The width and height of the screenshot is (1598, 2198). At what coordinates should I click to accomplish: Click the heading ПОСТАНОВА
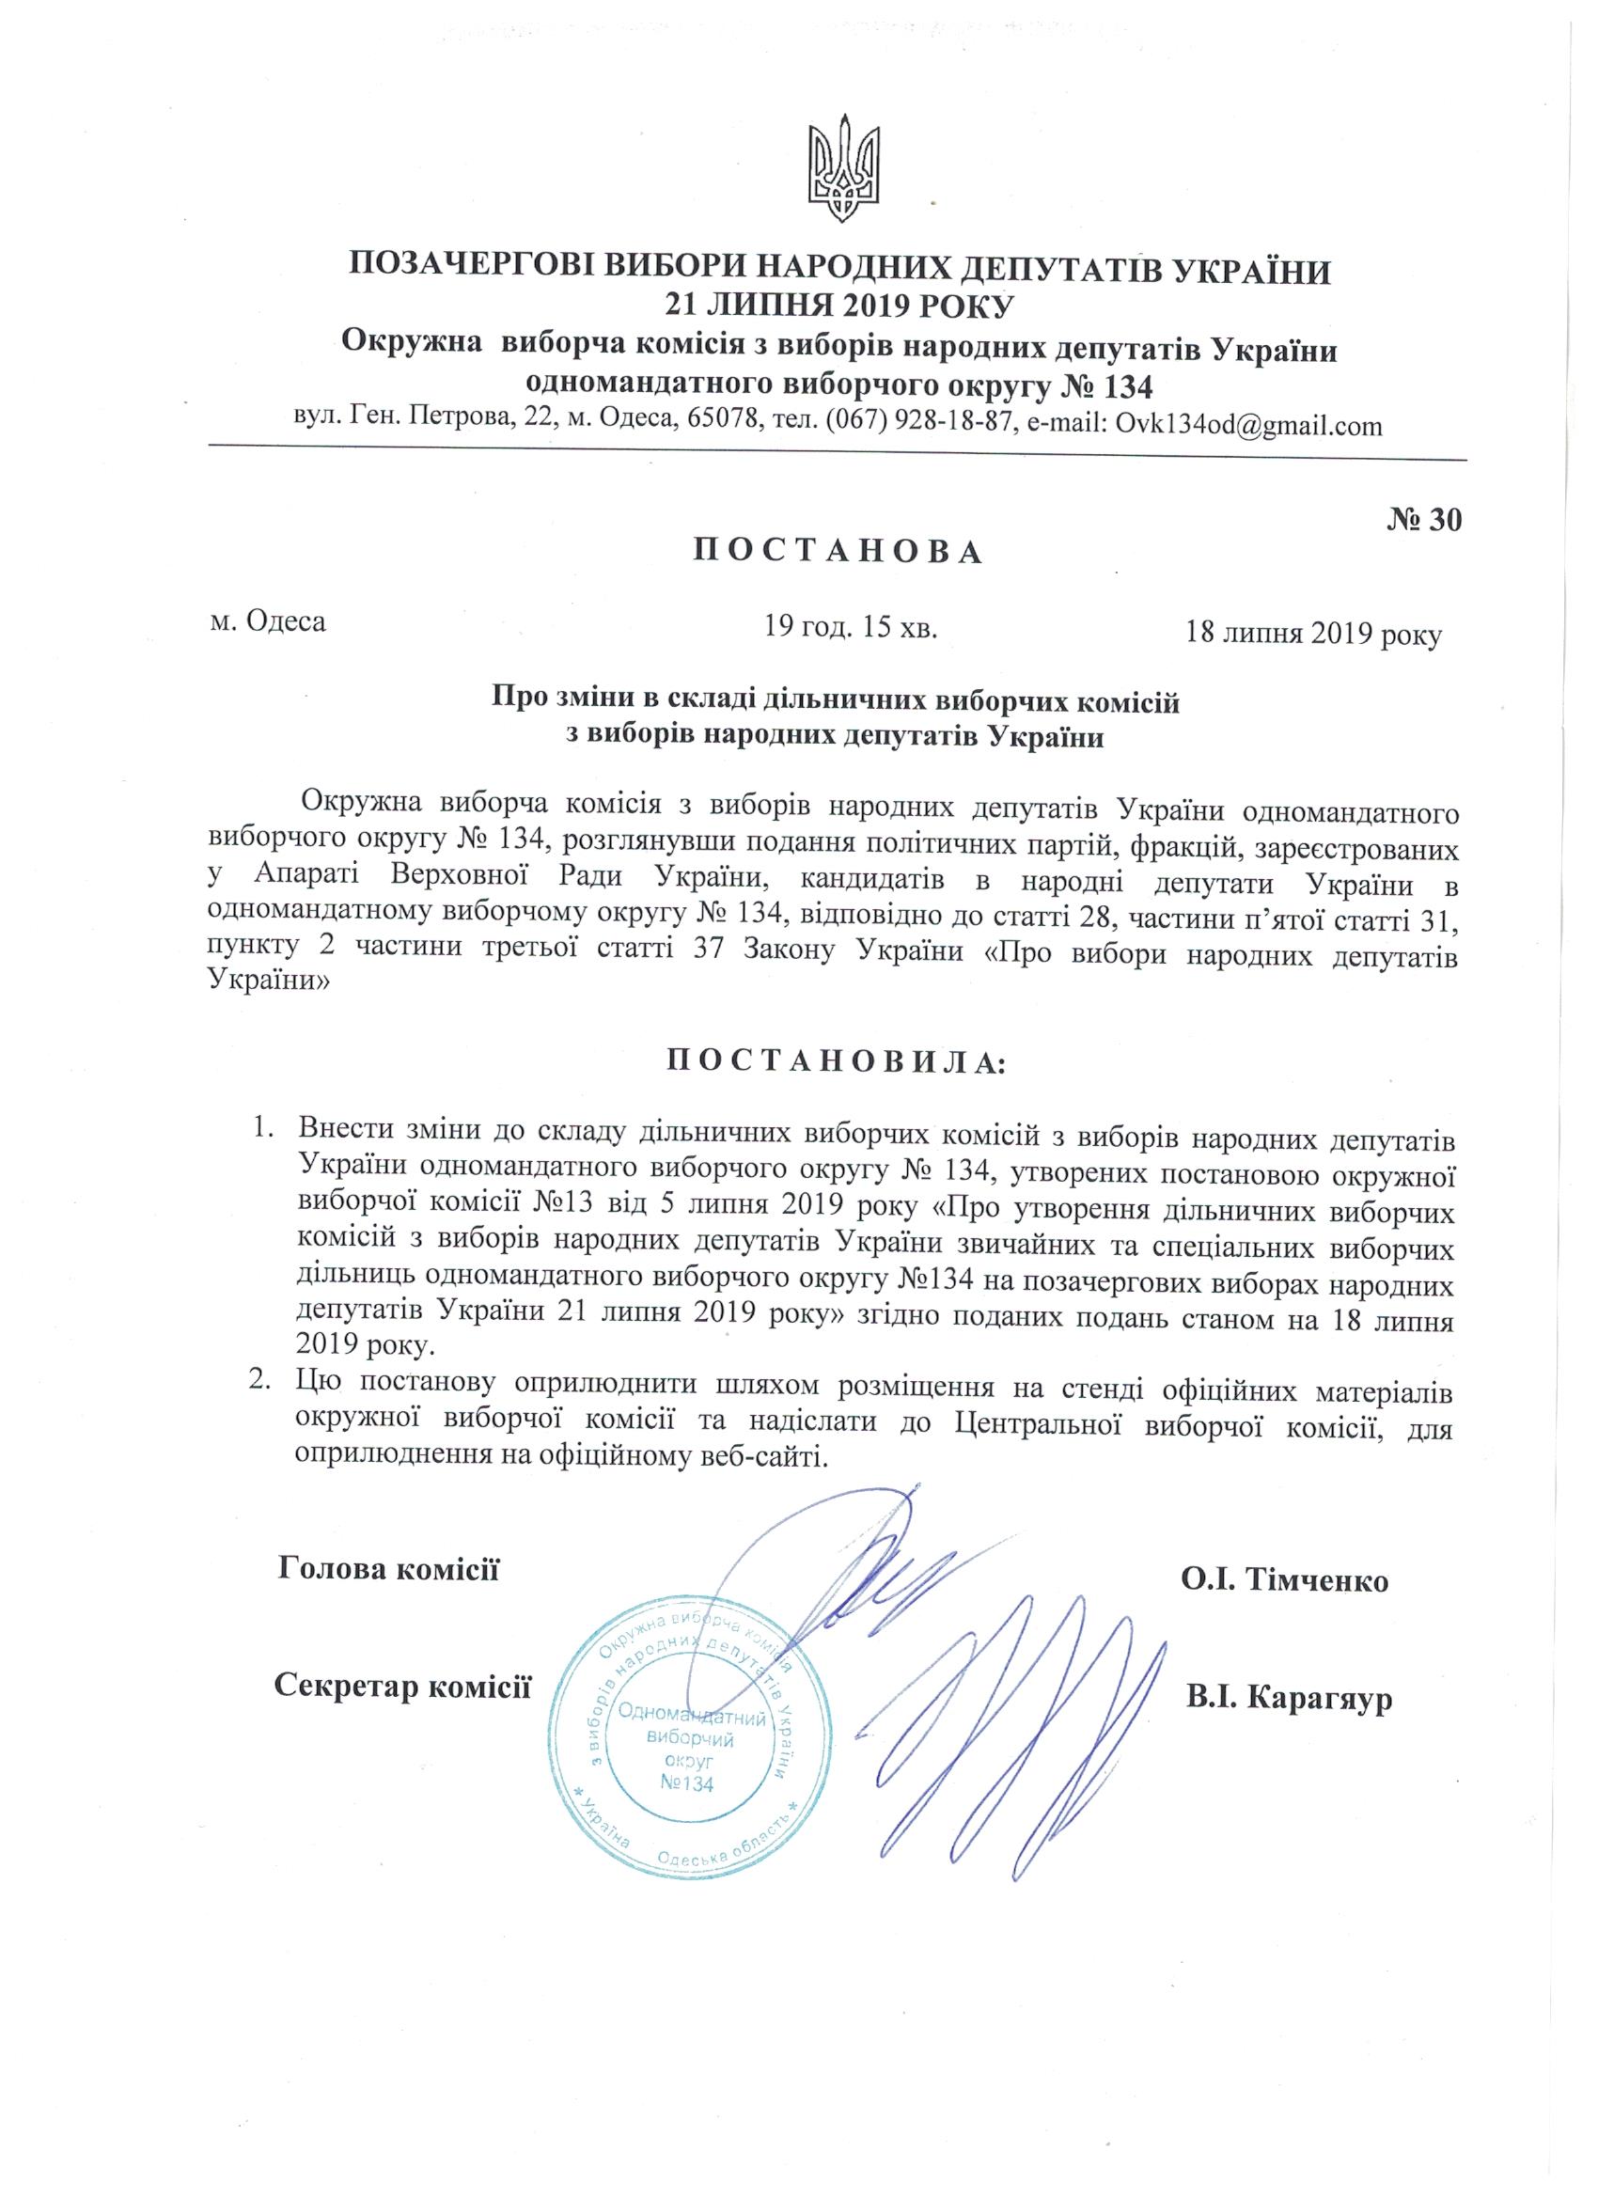(x=838, y=551)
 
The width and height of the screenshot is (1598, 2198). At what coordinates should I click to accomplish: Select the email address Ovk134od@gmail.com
(x=1249, y=426)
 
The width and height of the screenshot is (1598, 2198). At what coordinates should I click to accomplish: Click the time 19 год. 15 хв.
(x=851, y=627)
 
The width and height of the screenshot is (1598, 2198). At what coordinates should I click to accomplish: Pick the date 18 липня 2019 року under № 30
(x=1313, y=634)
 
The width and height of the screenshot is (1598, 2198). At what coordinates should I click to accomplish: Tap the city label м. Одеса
(x=269, y=620)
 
